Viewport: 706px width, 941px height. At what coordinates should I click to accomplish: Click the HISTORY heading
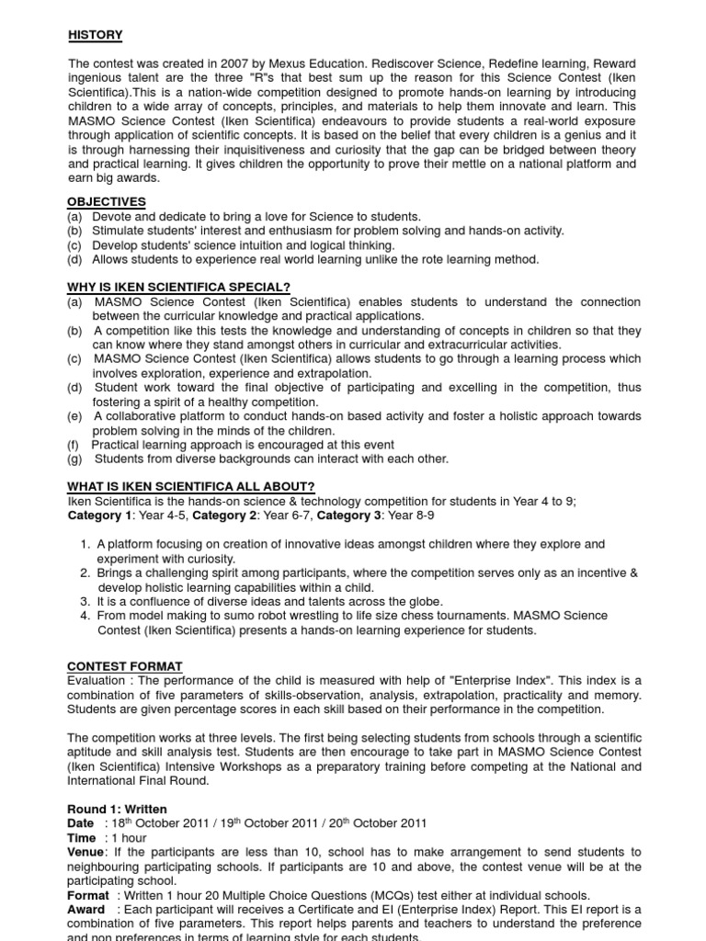96,35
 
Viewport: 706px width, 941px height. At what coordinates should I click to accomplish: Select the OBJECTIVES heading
107,201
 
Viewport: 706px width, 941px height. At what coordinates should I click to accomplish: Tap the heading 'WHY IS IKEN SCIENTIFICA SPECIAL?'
178,288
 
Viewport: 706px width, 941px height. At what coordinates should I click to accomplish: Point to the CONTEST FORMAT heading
125,665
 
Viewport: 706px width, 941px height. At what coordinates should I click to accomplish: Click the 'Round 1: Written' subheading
117,809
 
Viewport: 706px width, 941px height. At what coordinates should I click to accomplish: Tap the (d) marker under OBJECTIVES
74,259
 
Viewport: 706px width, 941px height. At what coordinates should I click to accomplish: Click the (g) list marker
74,459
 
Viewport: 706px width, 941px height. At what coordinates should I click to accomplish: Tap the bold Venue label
85,852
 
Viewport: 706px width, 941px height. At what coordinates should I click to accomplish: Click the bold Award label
86,910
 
